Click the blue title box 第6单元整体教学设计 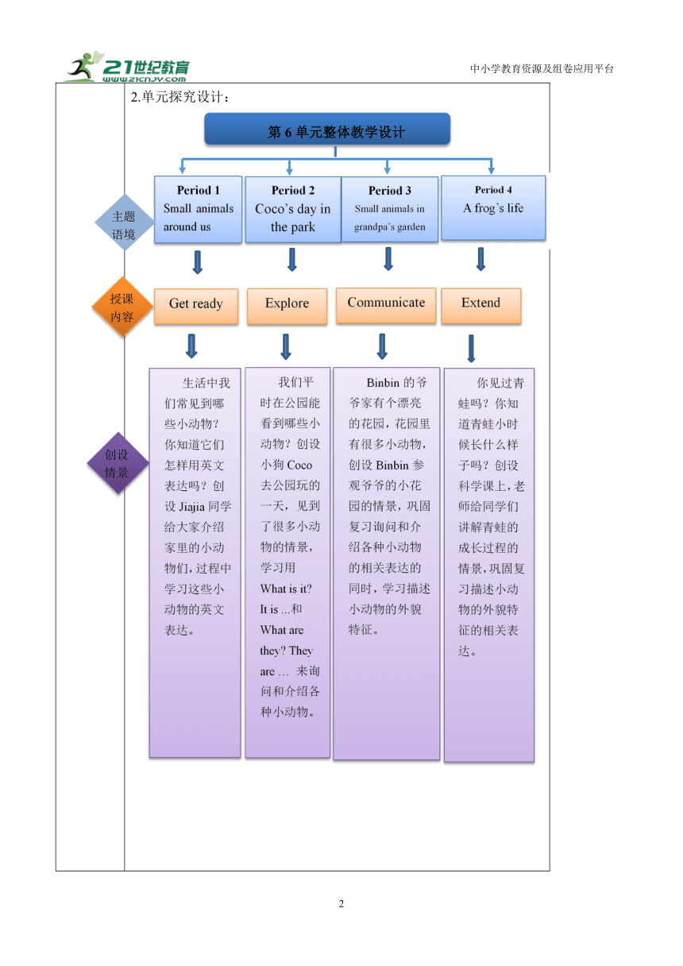click(x=327, y=129)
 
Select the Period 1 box click(x=198, y=209)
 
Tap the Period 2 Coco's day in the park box click(x=293, y=210)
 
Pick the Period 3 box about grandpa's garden click(x=389, y=209)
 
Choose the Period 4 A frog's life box click(x=493, y=207)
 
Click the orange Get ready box click(x=195, y=306)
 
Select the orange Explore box click(x=287, y=306)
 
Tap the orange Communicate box click(x=386, y=305)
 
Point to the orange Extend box click(x=480, y=305)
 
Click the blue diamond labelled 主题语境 click(x=124, y=222)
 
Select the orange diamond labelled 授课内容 click(x=122, y=307)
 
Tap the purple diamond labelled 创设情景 click(x=118, y=463)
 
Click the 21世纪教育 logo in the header click(x=128, y=67)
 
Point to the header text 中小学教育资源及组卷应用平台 click(x=542, y=68)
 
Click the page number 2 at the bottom click(x=341, y=903)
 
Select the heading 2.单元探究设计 click(x=179, y=97)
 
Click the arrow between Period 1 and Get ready click(x=198, y=262)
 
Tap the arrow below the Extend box click(x=471, y=349)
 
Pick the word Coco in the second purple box click(x=299, y=465)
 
